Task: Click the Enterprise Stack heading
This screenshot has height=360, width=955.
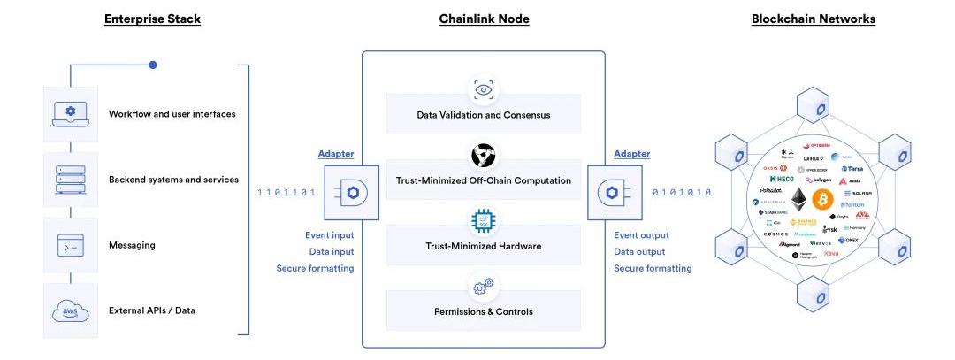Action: [x=152, y=19]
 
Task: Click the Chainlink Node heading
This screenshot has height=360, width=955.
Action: [x=484, y=19]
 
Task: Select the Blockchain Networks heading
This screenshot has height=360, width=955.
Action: [x=813, y=19]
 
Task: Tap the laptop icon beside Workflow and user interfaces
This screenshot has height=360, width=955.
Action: [x=71, y=113]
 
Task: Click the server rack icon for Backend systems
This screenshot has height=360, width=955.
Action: [x=71, y=180]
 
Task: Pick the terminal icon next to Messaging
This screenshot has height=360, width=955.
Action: [x=71, y=245]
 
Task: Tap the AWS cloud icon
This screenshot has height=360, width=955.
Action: [x=71, y=310]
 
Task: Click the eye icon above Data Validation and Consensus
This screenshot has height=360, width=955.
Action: [x=483, y=89]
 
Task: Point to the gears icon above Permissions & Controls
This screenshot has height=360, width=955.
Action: [x=483, y=287]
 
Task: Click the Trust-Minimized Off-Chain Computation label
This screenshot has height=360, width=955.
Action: [x=483, y=180]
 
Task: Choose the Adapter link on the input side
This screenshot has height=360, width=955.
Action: [x=336, y=154]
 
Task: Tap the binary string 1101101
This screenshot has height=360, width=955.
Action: [x=286, y=192]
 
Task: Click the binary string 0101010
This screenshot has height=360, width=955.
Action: [x=682, y=192]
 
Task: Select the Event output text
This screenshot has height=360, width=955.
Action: [x=641, y=235]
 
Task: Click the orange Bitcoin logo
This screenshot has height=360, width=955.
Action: [x=824, y=199]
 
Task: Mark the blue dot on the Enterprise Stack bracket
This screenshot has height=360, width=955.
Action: [x=153, y=65]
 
